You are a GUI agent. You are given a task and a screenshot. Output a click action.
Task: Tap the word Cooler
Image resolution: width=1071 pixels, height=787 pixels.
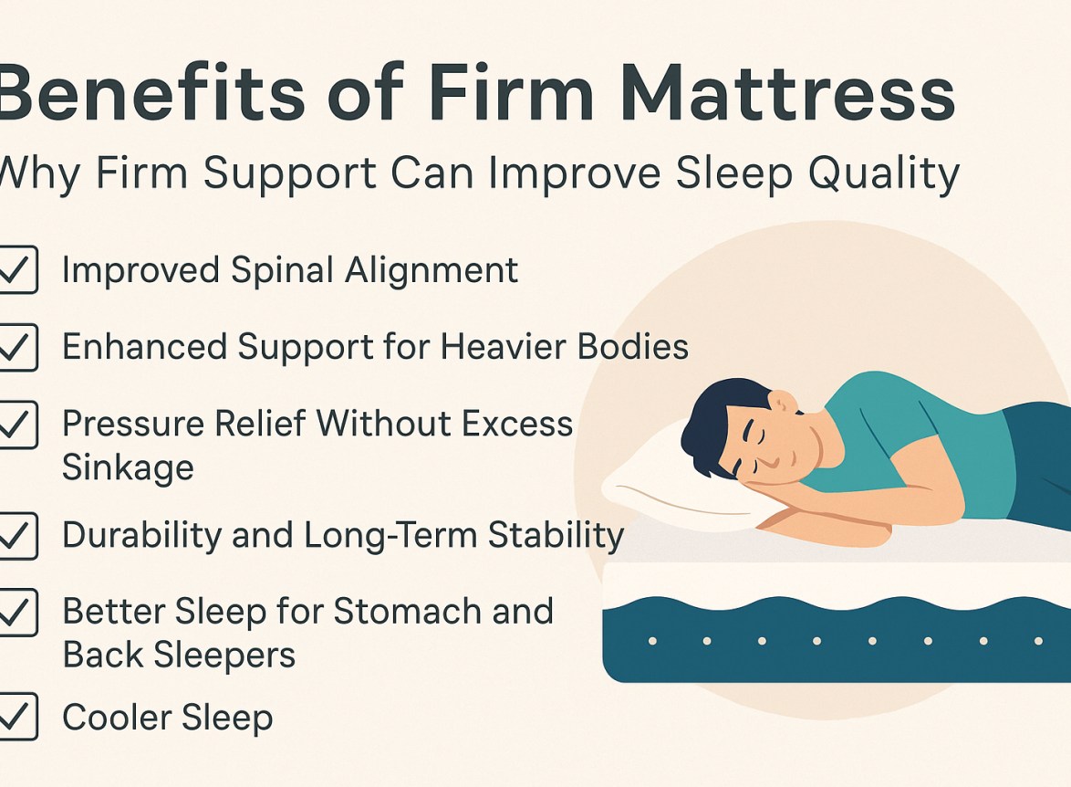click(x=110, y=718)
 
